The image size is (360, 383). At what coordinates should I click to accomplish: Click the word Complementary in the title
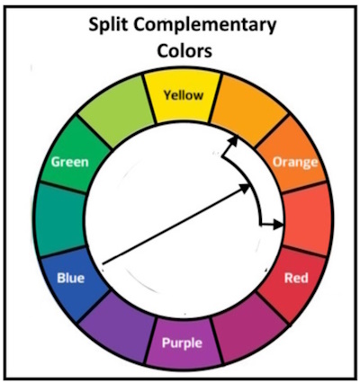tap(204, 26)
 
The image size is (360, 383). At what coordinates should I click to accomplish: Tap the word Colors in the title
tap(184, 51)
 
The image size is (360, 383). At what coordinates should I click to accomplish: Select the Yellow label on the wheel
tap(184, 95)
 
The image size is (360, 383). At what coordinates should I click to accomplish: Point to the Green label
tap(70, 162)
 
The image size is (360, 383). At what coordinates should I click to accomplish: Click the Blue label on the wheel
tap(71, 278)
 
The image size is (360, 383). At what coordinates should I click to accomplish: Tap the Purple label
tap(182, 343)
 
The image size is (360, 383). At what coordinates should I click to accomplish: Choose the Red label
tap(296, 278)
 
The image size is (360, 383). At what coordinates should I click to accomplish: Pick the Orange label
tap(295, 163)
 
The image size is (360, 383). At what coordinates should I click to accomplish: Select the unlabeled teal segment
tap(60, 220)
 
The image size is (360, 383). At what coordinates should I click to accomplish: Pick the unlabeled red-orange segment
tap(307, 219)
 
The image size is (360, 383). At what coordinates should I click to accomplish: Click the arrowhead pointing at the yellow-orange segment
tap(234, 141)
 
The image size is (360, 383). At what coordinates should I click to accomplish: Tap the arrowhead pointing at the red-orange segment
tap(278, 225)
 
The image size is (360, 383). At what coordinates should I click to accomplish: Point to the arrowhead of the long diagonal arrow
tap(245, 188)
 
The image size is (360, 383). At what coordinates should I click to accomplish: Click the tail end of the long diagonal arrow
tap(103, 264)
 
